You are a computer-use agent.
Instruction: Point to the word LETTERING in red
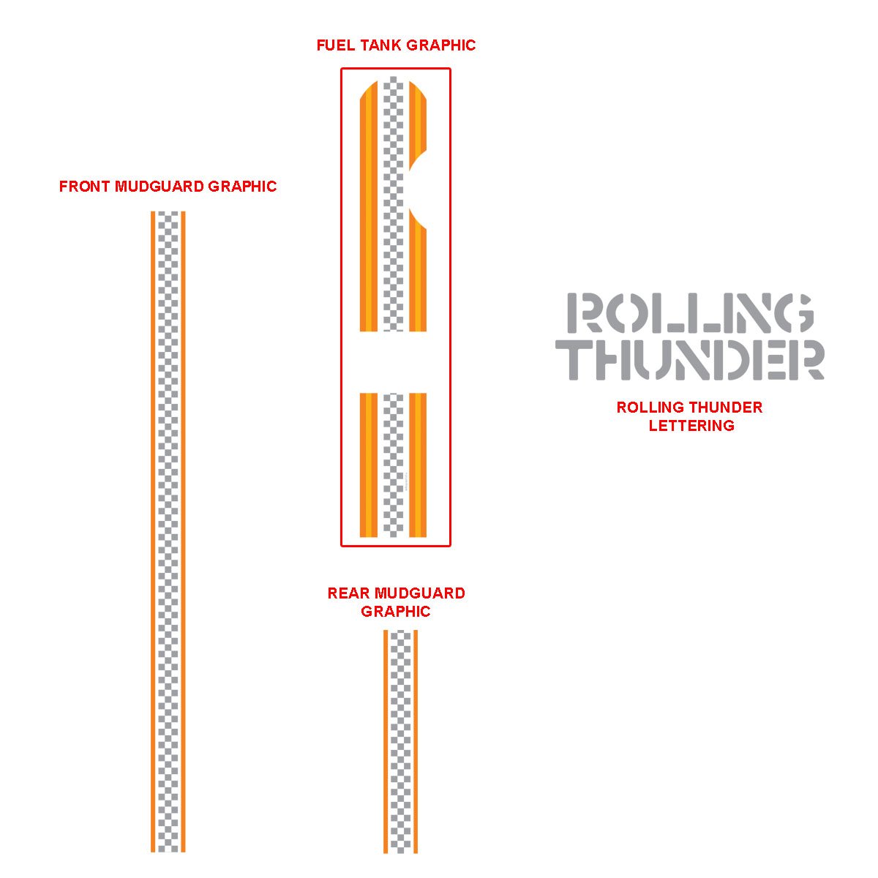click(x=691, y=426)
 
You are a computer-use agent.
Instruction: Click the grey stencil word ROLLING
click(x=691, y=313)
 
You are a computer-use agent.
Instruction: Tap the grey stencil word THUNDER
click(x=691, y=359)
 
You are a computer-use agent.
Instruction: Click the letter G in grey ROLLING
click(x=793, y=313)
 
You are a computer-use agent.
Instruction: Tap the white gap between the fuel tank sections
click(x=393, y=362)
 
